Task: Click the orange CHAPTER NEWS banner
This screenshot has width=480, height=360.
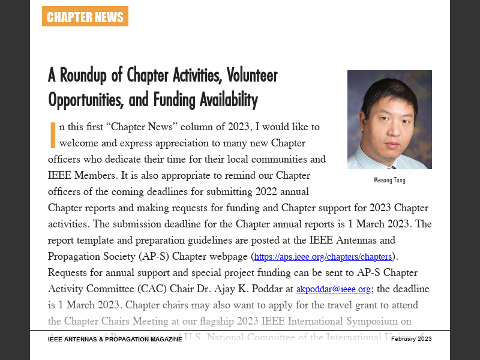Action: (x=85, y=17)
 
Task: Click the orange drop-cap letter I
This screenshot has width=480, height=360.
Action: (x=53, y=134)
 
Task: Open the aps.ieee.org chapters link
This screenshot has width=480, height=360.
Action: (x=323, y=257)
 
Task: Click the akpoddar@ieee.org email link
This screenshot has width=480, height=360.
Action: (x=333, y=289)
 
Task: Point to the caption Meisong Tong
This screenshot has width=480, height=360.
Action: (x=389, y=180)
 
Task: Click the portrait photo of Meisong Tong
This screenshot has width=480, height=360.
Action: (x=389, y=119)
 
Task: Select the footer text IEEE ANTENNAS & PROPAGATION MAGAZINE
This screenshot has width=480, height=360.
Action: (x=115, y=340)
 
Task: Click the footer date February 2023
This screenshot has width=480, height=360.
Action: (x=411, y=339)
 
